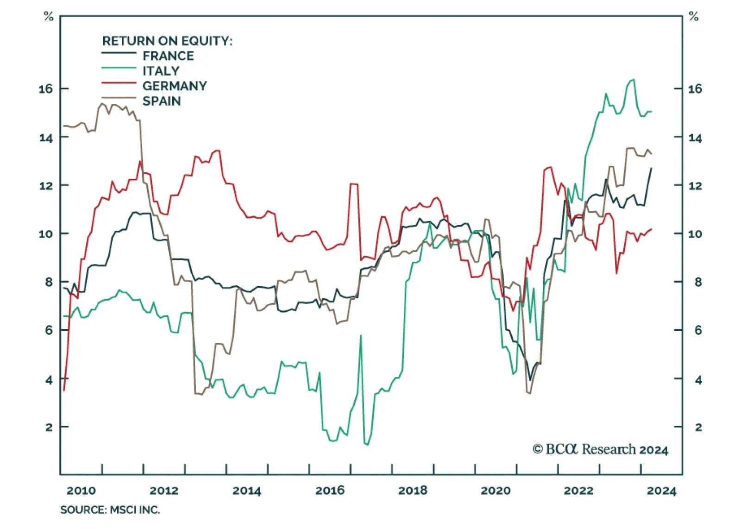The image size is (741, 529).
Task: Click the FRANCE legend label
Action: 168,56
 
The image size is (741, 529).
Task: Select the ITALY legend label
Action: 161,71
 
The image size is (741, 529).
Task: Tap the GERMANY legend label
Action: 175,86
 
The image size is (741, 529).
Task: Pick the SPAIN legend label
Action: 162,101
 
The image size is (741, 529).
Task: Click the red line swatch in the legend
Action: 119,83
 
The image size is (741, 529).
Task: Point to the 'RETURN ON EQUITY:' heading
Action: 167,41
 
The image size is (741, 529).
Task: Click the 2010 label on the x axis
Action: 81,491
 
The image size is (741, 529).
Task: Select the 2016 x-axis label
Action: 330,491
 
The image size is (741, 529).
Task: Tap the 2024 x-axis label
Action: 661,491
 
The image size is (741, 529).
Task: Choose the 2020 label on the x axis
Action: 496,491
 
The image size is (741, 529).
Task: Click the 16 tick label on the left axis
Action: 46,88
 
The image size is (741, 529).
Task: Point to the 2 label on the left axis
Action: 49,427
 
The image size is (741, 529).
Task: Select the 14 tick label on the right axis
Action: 695,138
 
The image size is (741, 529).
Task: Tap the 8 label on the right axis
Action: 698,282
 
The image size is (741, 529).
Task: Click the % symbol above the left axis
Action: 48,17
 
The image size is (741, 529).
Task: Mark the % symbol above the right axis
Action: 693,17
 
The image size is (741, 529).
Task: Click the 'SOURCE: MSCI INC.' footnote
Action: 110,510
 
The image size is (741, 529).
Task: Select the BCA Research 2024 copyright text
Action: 600,449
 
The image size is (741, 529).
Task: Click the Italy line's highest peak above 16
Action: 633,80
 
